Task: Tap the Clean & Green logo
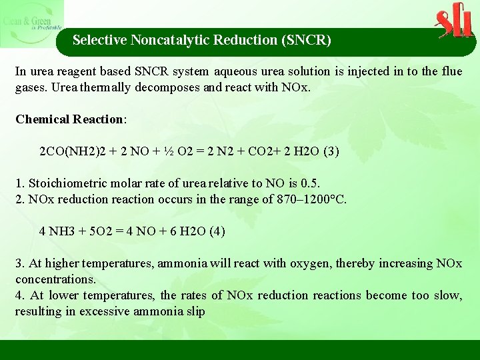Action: (32, 23)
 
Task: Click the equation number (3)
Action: (331, 151)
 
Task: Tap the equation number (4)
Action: (217, 231)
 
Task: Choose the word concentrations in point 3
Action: (55, 279)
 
